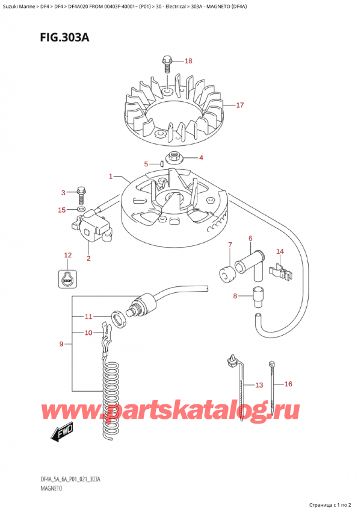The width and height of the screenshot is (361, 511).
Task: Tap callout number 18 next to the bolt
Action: tap(188, 61)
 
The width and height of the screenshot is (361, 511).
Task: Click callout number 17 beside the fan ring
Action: tap(239, 105)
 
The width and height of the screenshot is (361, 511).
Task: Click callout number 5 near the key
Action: tap(146, 164)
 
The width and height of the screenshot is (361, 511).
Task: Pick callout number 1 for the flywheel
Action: tap(111, 177)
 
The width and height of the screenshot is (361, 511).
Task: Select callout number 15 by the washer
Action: tap(61, 210)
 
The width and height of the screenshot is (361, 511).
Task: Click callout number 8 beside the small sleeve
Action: tap(236, 296)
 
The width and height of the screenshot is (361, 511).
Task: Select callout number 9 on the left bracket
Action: tap(61, 344)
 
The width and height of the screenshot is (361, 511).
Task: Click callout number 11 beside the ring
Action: tap(88, 316)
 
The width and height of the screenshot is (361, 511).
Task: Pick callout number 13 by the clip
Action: tap(259, 385)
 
